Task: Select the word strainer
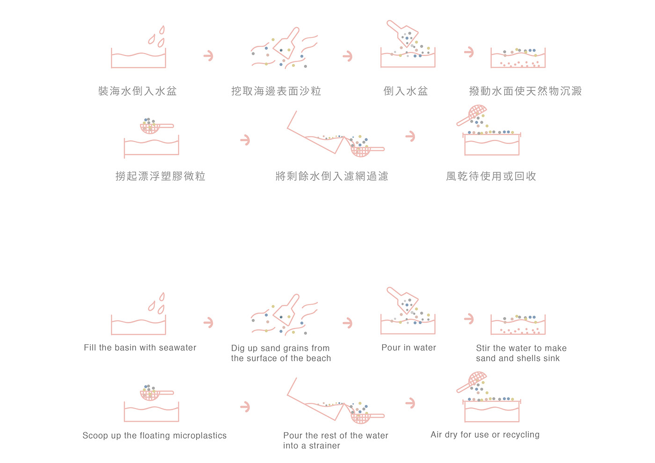point(325,446)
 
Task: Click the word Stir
point(483,348)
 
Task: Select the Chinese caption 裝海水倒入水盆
point(138,91)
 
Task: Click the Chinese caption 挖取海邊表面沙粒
point(277,91)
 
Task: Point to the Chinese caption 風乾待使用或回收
point(491,176)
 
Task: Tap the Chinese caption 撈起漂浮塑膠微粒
point(160,176)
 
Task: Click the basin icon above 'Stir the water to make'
point(518,325)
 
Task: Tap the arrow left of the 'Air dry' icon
point(411,403)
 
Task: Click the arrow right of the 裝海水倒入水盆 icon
point(209,56)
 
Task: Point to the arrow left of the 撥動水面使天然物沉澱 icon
point(469,52)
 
